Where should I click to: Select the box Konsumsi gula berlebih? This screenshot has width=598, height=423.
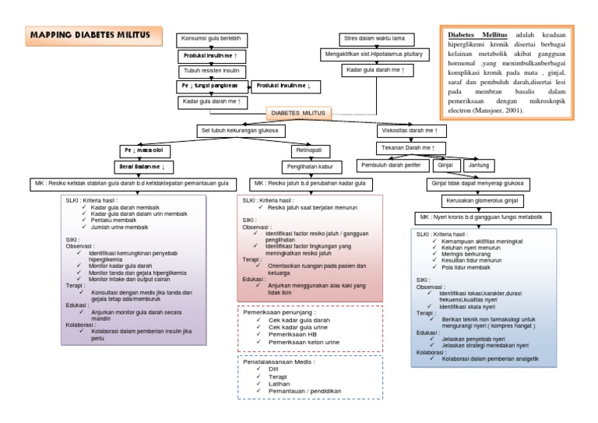[x=211, y=39]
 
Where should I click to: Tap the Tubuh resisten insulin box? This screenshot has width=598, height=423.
[x=211, y=71]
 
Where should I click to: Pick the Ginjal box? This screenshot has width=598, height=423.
[x=445, y=165]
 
